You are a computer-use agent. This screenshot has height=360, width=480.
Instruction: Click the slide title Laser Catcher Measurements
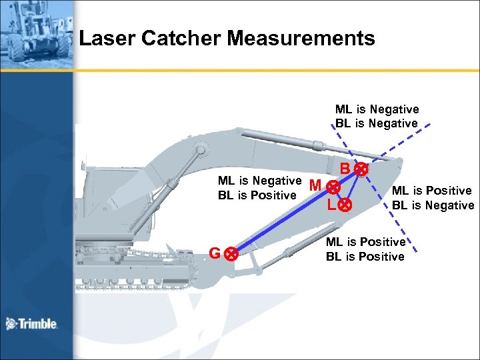pos(227,39)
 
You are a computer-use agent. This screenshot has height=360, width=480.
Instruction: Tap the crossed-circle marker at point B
pos(361,169)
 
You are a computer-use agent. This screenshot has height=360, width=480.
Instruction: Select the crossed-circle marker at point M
pos(331,190)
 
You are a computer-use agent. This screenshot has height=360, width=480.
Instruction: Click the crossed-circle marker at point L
pos(345,205)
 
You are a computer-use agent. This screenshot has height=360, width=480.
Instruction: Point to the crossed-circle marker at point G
pos(230,254)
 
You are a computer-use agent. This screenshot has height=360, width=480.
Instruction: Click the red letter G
pos(215,253)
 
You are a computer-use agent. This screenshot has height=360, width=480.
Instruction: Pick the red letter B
pos(345,169)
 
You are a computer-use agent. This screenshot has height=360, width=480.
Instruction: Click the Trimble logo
pos(31,324)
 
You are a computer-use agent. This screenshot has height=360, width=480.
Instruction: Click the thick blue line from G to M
pos(280,222)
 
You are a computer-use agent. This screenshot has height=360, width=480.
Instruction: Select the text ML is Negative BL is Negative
pos(377,116)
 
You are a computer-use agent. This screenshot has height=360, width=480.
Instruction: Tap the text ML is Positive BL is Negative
pos(433,198)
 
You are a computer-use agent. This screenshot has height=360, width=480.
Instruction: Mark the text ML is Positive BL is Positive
pos(365,249)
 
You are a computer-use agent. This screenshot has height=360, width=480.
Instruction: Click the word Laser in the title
pos(103,39)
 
